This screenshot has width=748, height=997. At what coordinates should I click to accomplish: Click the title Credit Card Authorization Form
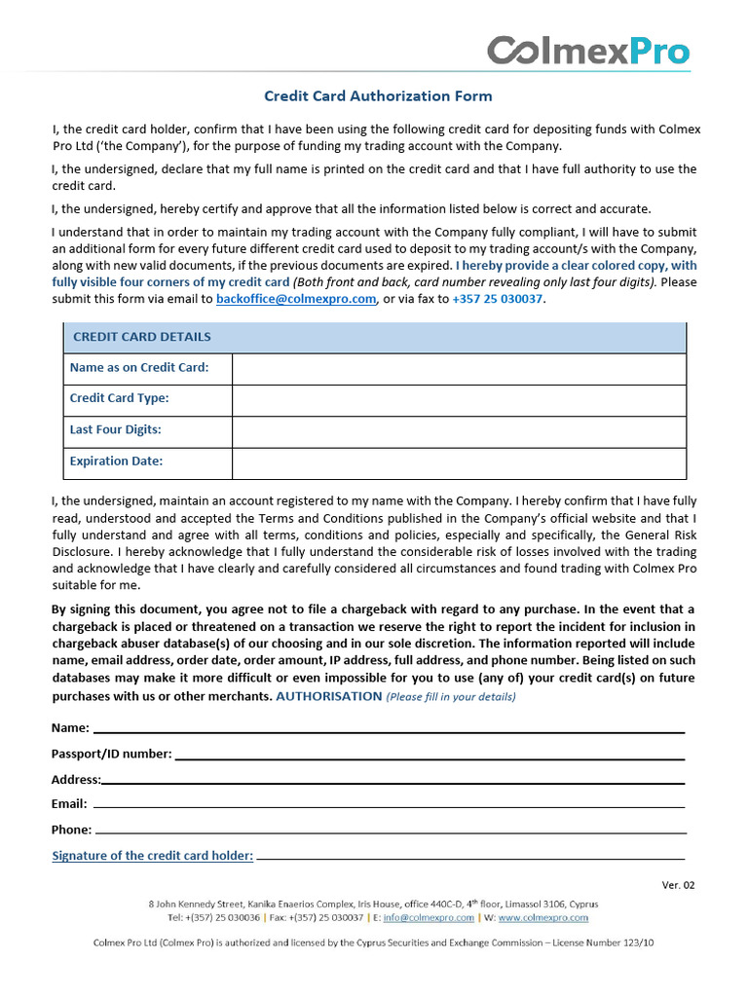click(x=378, y=96)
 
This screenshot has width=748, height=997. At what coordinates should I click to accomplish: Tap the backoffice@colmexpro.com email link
click(x=296, y=299)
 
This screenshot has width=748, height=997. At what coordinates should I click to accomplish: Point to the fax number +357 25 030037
click(x=498, y=299)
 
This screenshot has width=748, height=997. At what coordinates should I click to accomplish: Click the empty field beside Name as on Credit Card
click(x=458, y=368)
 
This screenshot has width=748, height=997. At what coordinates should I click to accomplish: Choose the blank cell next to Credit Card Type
click(x=458, y=399)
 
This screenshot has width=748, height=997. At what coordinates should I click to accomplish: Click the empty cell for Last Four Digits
click(x=458, y=430)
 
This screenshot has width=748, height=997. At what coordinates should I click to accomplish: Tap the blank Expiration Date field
click(x=458, y=462)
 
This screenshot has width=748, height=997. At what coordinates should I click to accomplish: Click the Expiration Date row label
click(x=117, y=462)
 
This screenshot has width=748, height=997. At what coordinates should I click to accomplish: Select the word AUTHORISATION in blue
click(x=329, y=696)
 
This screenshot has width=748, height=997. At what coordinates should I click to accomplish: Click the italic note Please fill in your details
click(x=451, y=697)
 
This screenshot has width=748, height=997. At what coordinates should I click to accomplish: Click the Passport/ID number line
click(x=429, y=756)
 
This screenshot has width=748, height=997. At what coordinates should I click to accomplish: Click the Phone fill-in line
click(x=390, y=831)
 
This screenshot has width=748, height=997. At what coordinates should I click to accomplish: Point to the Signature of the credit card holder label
click(x=152, y=856)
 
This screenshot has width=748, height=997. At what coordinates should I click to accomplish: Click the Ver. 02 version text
click(x=678, y=885)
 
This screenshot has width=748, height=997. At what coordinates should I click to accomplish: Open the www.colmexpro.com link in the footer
click(x=542, y=917)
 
